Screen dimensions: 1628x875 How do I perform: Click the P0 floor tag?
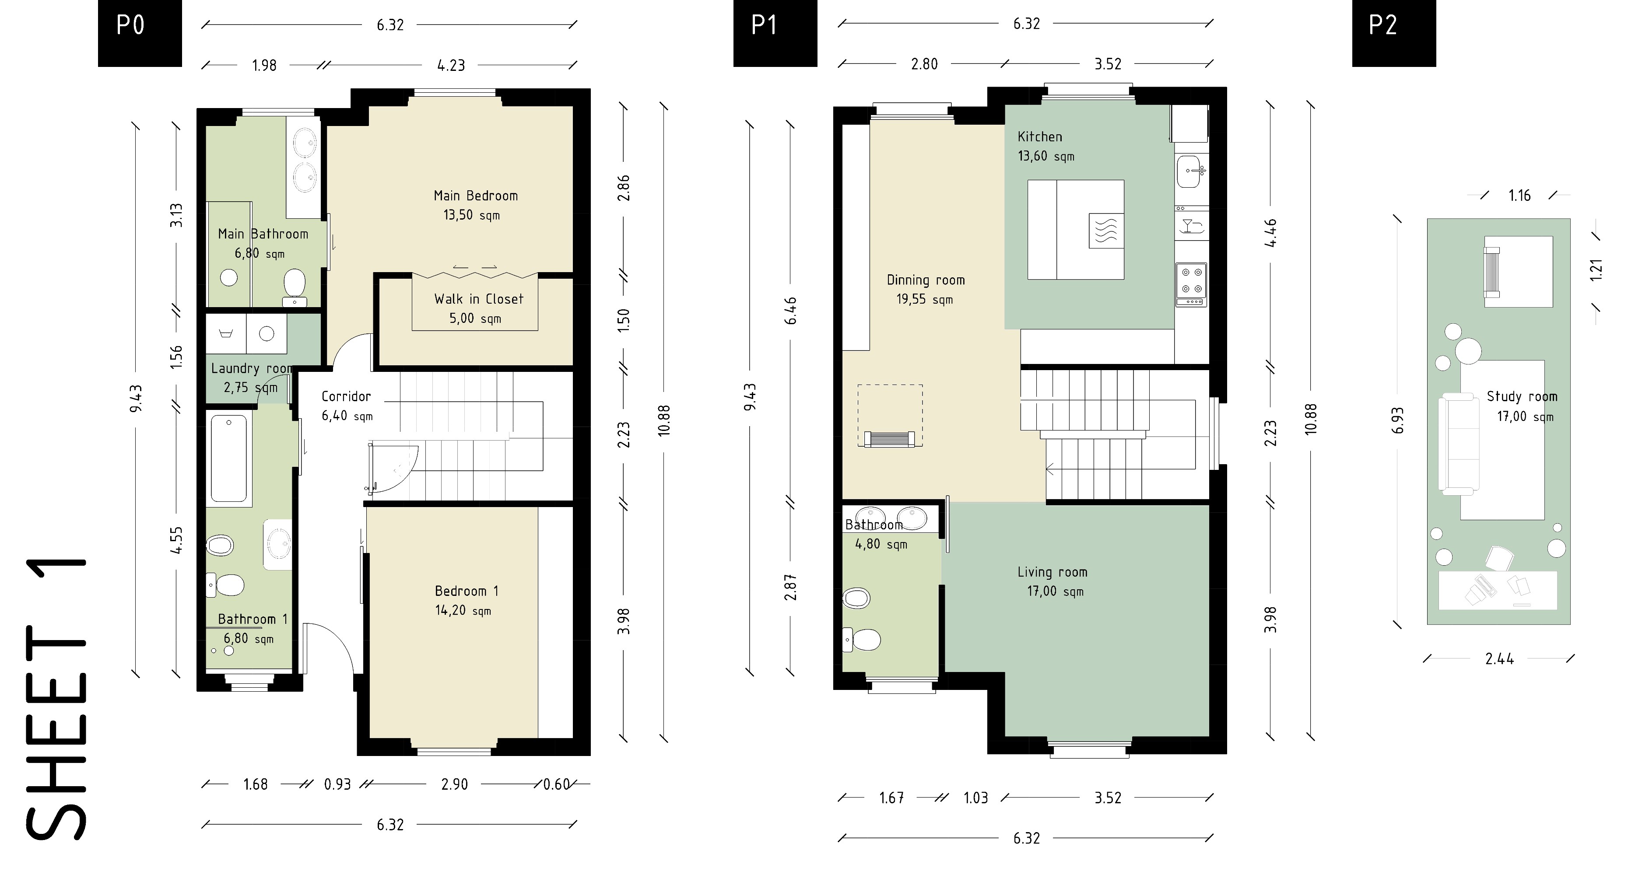140,33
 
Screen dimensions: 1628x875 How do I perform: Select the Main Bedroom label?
476,196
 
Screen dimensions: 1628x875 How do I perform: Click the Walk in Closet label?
479,299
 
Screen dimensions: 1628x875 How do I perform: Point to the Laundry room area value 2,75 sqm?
251,387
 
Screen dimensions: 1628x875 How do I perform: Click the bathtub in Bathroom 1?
229,458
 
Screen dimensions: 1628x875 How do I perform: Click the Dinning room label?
926,280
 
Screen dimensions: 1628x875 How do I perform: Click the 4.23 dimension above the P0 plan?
451,65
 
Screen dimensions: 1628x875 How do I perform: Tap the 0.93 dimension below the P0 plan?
337,784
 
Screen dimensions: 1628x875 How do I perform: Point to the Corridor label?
346,396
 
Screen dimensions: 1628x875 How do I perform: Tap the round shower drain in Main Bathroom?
229,277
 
